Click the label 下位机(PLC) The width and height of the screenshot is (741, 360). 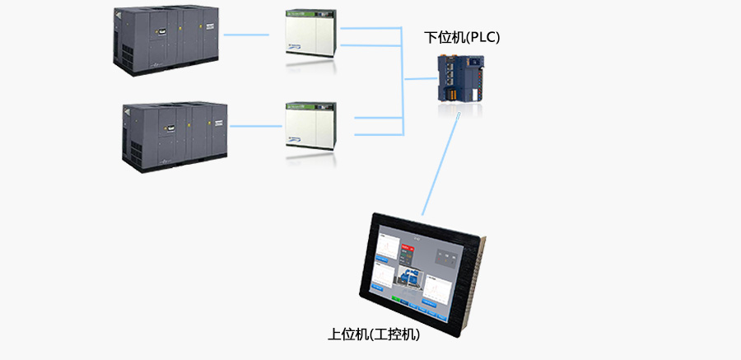(x=462, y=37)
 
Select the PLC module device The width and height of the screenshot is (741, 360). (x=459, y=78)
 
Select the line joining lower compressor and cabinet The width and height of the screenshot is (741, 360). (x=256, y=126)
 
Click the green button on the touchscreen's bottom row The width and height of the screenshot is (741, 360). (x=395, y=300)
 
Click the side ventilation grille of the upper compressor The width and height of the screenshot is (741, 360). (x=124, y=54)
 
